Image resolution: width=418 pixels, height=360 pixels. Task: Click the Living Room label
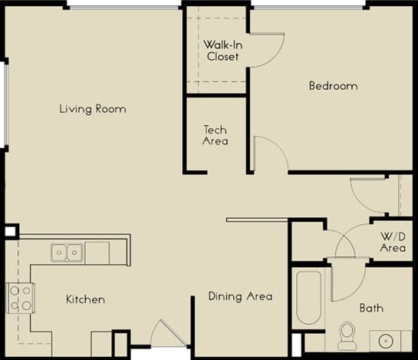click(93, 109)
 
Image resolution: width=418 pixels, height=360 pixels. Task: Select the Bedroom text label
click(333, 86)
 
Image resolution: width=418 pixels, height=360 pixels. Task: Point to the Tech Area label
click(215, 135)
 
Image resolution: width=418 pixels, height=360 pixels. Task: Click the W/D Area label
click(392, 242)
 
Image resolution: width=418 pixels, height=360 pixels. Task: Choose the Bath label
click(371, 309)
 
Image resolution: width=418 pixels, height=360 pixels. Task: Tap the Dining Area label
click(240, 296)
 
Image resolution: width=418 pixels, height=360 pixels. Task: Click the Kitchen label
click(85, 299)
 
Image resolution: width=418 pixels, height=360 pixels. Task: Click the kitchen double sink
click(67, 252)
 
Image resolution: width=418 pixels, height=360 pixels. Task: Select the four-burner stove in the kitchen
click(20, 297)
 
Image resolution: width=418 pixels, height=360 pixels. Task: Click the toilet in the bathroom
click(347, 335)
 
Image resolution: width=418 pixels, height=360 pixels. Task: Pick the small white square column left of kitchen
click(10, 231)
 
